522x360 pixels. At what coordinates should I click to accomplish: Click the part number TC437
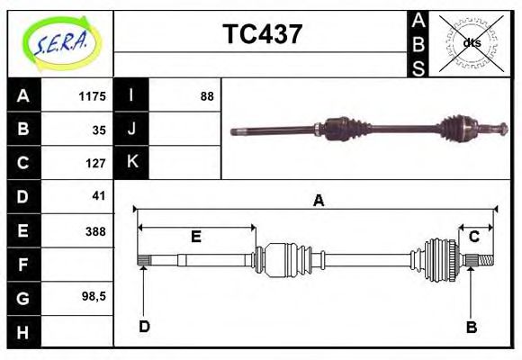pos(262,34)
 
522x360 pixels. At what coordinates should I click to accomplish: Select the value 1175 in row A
pos(93,96)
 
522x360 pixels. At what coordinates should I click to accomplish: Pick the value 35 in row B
pos(98,130)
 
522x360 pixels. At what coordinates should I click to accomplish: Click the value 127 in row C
pos(95,164)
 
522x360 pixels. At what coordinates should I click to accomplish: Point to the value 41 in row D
pos(98,195)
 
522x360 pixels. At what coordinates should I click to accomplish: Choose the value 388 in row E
pos(95,231)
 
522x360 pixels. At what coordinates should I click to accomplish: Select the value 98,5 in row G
pos(94,297)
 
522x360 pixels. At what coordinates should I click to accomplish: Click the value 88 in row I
pos(207,96)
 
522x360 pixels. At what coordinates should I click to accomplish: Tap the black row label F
pos(23,265)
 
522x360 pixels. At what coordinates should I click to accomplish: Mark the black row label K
pos(131,162)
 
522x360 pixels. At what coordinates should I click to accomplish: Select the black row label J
pos(131,129)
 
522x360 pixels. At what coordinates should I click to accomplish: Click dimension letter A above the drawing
pos(318,202)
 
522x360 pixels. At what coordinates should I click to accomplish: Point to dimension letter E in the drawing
pos(195,238)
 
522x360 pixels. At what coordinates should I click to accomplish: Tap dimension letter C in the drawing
pos(473,237)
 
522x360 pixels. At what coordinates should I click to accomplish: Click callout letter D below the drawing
pos(144,327)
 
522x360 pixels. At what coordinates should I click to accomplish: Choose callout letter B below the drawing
pos(471,328)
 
